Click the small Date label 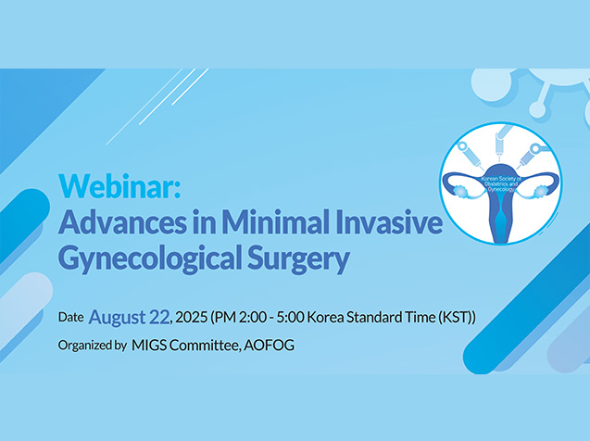70,317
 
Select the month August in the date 117,318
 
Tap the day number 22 159,317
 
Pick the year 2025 192,318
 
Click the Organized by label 93,346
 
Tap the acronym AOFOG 269,346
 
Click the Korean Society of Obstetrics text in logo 500,182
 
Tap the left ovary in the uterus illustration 460,191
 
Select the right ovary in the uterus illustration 541,191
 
